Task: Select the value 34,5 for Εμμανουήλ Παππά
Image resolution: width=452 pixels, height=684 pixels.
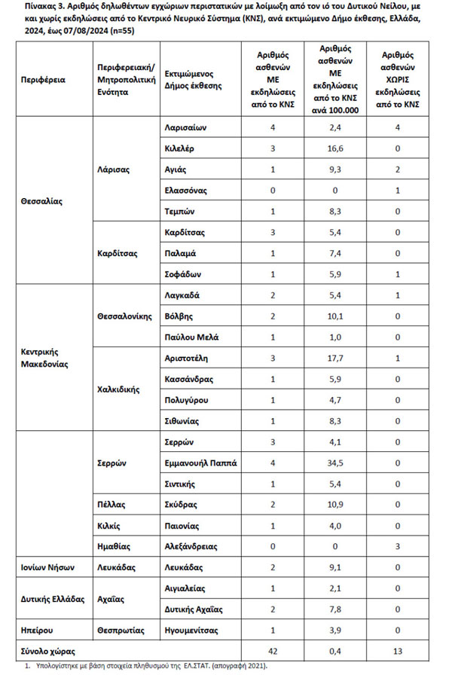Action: [x=334, y=463]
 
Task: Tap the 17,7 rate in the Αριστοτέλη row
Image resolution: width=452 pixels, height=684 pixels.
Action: [x=334, y=359]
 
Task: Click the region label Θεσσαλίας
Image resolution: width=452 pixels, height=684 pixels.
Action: [x=42, y=201]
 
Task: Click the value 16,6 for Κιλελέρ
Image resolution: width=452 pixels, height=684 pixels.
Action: [x=334, y=149]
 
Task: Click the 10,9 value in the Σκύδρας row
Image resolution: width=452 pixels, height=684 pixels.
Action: [x=334, y=505]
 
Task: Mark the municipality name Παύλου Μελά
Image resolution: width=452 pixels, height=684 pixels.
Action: [x=191, y=337]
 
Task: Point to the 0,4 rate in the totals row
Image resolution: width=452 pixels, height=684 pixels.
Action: [x=334, y=649]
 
